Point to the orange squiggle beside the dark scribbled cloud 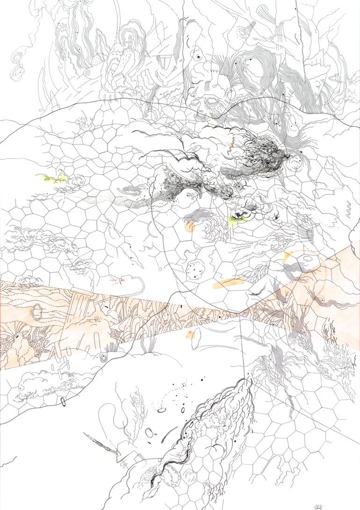230,146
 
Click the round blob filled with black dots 193,269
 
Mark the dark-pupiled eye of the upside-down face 199,57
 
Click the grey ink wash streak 117,202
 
